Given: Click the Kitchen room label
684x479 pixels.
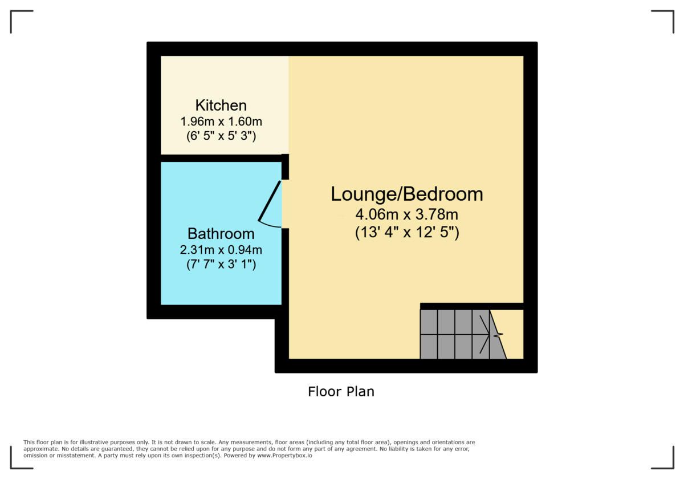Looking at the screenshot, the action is click(221, 105).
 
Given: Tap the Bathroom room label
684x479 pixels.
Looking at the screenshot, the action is click(221, 234).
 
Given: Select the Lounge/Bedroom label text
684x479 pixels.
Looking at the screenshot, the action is click(407, 194).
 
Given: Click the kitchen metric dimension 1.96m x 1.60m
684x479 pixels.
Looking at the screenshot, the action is click(221, 121).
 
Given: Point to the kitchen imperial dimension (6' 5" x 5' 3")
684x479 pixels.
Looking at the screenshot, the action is click(221, 136).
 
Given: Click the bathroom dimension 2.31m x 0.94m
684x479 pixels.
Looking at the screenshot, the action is click(221, 250).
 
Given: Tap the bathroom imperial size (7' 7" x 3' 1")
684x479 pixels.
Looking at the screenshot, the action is click(221, 264).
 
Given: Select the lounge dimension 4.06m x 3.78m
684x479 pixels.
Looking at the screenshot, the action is click(407, 214).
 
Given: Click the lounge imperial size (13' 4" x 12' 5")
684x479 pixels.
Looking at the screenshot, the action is click(407, 233).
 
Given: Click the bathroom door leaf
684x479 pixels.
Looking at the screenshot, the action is click(270, 201).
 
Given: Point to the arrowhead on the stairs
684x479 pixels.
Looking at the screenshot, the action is click(485, 335).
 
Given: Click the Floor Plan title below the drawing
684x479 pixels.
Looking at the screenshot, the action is click(341, 392).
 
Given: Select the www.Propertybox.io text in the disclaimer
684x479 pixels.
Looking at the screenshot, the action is click(284, 456).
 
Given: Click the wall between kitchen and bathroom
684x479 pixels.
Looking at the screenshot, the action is click(221, 159).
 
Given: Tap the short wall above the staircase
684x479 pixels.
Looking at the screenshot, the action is click(472, 306).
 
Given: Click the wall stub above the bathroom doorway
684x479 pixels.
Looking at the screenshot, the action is click(285, 167).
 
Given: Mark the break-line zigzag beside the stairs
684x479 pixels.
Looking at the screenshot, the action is click(498, 335).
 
